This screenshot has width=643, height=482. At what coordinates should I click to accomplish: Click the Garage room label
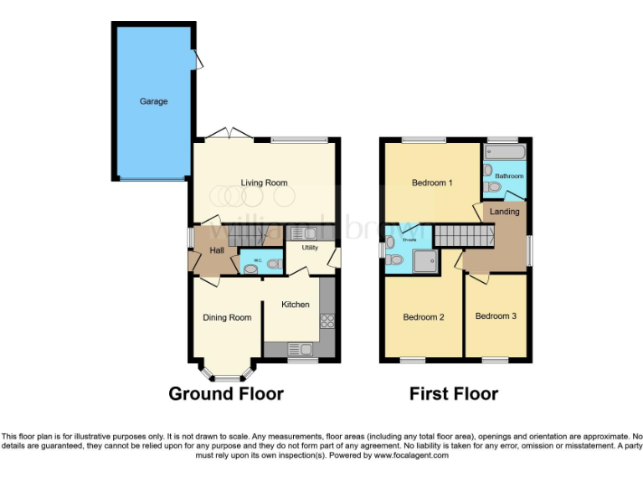tap(153, 101)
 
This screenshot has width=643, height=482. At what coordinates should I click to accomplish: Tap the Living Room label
tap(265, 182)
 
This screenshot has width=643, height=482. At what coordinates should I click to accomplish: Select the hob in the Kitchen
tap(327, 320)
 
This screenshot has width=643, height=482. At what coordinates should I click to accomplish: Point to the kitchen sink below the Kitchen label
tap(300, 348)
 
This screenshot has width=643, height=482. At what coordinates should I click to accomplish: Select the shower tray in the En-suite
tap(426, 260)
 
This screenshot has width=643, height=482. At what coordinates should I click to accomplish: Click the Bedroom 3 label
tap(497, 316)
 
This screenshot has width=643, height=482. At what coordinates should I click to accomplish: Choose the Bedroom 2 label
tap(423, 317)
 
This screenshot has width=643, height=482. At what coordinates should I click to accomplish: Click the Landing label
tap(505, 212)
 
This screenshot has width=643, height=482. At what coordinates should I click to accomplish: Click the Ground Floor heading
tap(226, 393)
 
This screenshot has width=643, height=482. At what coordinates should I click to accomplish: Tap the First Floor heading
tap(454, 393)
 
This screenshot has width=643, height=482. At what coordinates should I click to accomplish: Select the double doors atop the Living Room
tap(230, 134)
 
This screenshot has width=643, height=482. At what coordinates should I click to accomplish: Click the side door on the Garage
tap(198, 59)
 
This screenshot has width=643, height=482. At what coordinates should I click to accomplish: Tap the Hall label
tap(216, 250)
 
